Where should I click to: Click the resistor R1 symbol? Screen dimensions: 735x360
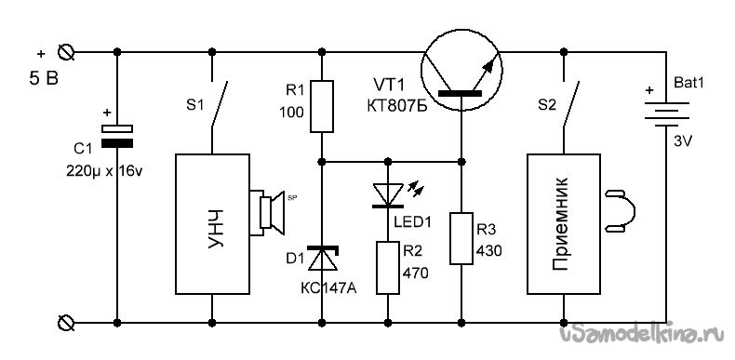322,106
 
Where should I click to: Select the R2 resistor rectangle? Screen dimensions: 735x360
388,268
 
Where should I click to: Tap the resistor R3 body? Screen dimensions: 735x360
461,238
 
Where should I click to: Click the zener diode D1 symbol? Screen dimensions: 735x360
323,259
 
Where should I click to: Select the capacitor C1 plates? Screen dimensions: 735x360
117,137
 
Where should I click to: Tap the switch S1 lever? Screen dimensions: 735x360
220,103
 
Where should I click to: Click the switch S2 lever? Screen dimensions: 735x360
571,103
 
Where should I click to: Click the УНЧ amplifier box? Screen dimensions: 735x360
212,224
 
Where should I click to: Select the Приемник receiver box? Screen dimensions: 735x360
564,224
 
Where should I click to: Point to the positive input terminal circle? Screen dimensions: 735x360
66,51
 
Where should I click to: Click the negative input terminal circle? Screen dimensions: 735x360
66,323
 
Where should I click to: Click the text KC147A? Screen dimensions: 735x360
328,287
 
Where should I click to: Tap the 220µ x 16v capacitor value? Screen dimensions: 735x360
104,171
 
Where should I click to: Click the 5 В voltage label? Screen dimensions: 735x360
44,79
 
